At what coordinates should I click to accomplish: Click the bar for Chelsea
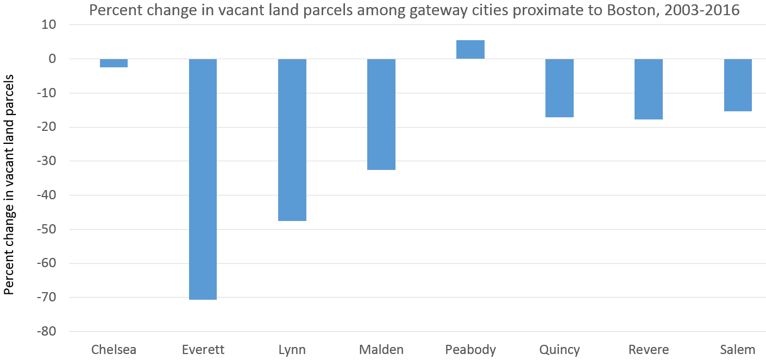[x=114, y=63]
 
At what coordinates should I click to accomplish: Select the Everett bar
[x=203, y=179]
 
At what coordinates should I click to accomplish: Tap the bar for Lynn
[x=292, y=140]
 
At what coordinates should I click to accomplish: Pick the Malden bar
[x=381, y=114]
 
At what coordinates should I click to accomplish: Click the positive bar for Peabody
[x=470, y=49]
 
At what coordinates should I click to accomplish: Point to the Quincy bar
[x=560, y=88]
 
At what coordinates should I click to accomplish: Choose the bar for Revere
[x=649, y=89]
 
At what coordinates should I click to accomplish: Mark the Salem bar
[x=738, y=85]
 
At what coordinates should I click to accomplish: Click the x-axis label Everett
[x=203, y=349]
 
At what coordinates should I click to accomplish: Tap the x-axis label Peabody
[x=470, y=349]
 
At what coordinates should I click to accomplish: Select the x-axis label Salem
[x=738, y=349]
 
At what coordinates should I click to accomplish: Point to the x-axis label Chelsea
[x=114, y=349]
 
